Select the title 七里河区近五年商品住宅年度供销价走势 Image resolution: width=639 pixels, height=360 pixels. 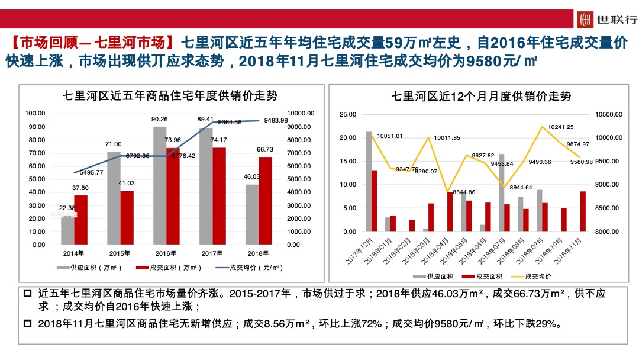[170, 95]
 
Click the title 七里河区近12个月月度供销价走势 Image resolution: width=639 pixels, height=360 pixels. [481, 96]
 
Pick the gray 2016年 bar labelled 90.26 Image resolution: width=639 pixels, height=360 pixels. [160, 185]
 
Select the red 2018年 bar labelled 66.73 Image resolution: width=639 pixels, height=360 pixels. [266, 201]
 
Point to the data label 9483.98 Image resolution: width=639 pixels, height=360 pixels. [276, 120]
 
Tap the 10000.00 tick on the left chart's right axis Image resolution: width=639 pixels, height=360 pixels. [301, 113]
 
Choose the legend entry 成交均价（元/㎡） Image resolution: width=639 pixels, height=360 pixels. [248, 268]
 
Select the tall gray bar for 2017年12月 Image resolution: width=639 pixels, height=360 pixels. [369, 181]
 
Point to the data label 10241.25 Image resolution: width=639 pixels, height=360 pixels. [561, 127]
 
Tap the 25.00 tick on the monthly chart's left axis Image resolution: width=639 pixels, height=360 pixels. [348, 114]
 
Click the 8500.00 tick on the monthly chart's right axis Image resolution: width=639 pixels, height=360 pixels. [606, 208]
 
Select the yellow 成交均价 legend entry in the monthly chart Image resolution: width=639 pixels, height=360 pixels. [531, 276]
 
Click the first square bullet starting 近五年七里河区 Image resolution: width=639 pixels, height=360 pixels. [27, 294]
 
